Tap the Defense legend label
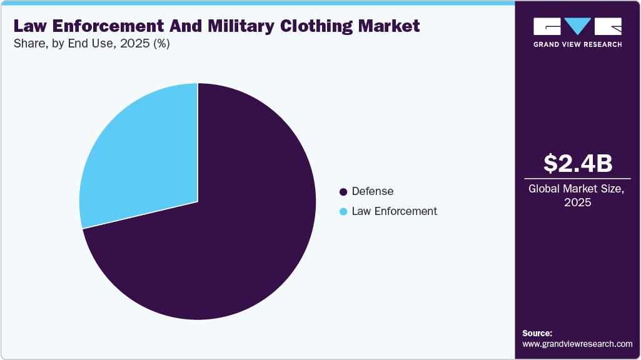[x=373, y=191]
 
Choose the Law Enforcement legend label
[x=394, y=211]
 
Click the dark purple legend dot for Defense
[x=343, y=191]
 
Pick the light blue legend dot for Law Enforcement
[x=343, y=212]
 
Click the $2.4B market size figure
[x=577, y=164]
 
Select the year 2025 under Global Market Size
[x=577, y=203]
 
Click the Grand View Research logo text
[x=577, y=44]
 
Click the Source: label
[x=537, y=333]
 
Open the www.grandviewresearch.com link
[x=577, y=344]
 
